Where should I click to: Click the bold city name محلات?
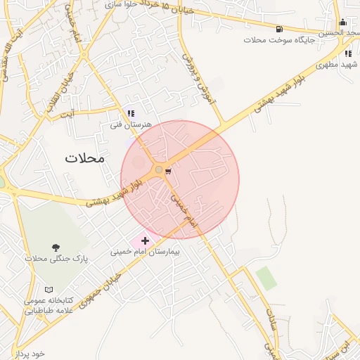point(84,157)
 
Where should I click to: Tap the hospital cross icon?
point(146,241)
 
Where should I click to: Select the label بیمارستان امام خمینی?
point(146,251)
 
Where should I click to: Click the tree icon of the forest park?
point(56,247)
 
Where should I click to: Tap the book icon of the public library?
point(49,290)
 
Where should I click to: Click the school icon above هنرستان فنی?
point(131,113)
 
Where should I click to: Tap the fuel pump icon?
point(281,29)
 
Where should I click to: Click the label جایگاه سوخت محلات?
point(280,39)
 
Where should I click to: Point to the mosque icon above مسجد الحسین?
point(342,22)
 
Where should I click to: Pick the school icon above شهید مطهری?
point(347,53)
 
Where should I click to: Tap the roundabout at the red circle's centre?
point(159,169)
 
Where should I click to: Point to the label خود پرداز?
point(28,353)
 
